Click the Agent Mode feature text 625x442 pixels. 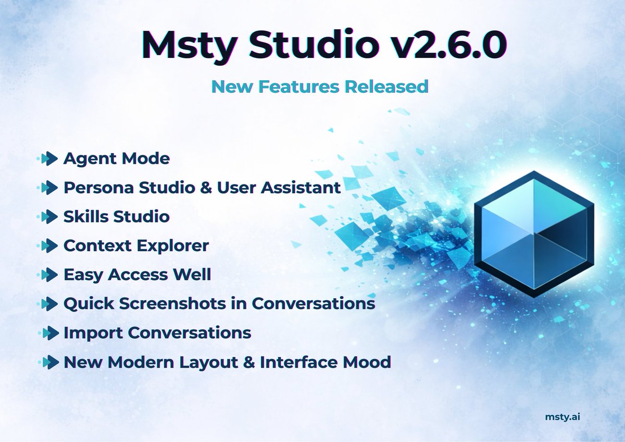tap(116, 158)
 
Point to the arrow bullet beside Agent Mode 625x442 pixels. tap(48, 158)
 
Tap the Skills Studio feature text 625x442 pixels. tap(116, 216)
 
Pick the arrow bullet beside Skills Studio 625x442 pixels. tap(48, 216)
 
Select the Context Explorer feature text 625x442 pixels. tap(136, 245)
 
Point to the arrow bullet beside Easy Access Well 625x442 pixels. tap(48, 274)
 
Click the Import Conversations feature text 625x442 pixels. tap(157, 332)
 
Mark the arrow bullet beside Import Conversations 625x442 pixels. tap(48, 332)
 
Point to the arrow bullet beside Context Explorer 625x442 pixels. tap(48, 245)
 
